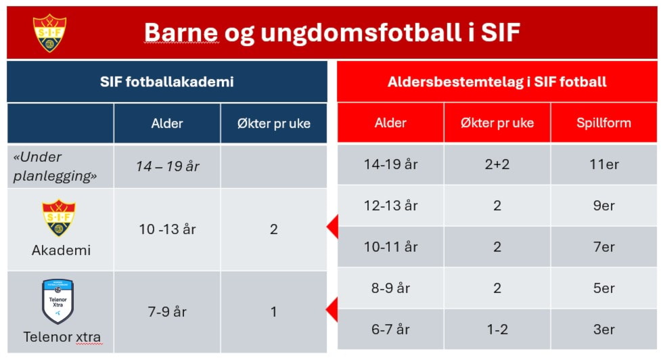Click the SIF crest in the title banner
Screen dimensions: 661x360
point(50,33)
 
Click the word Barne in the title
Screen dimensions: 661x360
point(181,32)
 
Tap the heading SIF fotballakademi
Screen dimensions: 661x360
point(167,81)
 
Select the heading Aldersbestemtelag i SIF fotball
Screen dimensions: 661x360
point(497,81)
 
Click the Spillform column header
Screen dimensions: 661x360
point(603,122)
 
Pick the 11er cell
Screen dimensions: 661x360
point(603,164)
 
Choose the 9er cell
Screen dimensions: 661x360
point(603,205)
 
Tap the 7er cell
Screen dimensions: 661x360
point(603,246)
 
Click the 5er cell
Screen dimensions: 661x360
point(603,288)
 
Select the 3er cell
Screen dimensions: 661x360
point(603,330)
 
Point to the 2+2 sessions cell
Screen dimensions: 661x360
point(497,164)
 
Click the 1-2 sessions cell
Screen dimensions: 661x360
point(497,330)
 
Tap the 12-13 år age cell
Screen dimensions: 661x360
point(391,205)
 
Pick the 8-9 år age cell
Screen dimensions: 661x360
point(391,288)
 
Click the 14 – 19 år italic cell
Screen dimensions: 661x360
point(167,166)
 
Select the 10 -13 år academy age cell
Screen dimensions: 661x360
point(167,229)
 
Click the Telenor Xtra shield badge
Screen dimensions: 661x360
point(58,301)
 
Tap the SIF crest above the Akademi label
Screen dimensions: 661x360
point(59,218)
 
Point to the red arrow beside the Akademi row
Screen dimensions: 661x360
point(332,227)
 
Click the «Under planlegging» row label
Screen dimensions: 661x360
point(55,166)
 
